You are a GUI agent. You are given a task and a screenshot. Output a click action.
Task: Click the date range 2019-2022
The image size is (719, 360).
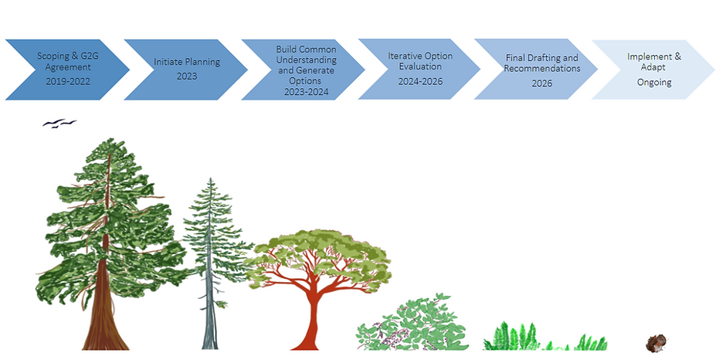[x=68, y=82]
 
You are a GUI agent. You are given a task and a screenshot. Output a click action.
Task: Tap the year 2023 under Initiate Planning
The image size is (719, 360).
[x=187, y=76]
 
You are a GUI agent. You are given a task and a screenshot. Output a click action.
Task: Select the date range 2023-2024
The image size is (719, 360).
[x=307, y=92]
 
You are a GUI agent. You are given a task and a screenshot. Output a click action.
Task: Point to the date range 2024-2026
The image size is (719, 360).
[x=420, y=82]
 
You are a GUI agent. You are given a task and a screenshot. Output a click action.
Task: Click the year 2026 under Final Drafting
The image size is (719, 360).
[x=541, y=83]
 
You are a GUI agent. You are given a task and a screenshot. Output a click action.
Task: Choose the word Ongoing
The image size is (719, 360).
[x=654, y=83]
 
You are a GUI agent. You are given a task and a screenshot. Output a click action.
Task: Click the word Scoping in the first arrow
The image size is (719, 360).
[x=52, y=56]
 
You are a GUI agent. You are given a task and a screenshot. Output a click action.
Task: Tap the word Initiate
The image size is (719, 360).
[x=168, y=62]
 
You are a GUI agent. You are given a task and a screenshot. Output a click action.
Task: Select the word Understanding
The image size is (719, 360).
[x=307, y=60]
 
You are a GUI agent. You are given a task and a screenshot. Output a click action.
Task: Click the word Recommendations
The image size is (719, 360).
[x=542, y=68]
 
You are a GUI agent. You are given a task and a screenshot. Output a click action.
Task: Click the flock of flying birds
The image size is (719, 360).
[x=59, y=123]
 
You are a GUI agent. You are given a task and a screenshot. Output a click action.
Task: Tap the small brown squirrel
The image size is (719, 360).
[x=655, y=343]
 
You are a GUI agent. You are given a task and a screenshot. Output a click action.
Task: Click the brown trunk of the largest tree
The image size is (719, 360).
[x=106, y=317]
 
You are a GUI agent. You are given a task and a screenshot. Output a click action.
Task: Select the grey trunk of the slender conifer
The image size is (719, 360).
[x=210, y=317]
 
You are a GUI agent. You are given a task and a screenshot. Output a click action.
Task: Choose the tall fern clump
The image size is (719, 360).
[x=513, y=337]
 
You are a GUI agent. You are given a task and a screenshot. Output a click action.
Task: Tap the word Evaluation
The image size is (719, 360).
[x=420, y=66]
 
